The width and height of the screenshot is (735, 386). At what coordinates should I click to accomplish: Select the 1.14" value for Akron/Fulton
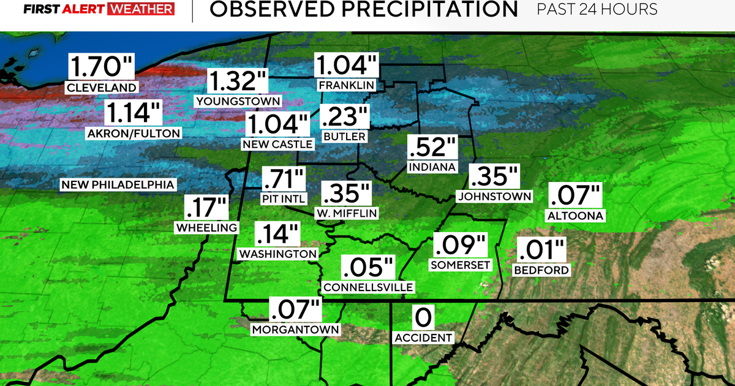pyautogui.click(x=134, y=114)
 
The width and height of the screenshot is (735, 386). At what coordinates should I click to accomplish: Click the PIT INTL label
pyautogui.click(x=283, y=198)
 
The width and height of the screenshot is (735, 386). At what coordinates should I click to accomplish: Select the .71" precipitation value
pyautogui.click(x=283, y=180)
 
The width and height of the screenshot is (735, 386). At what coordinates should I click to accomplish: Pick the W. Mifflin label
pyautogui.click(x=347, y=213)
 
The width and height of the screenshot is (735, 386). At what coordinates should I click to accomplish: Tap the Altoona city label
pyautogui.click(x=575, y=215)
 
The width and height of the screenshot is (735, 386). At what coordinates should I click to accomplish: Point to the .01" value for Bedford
pyautogui.click(x=541, y=251)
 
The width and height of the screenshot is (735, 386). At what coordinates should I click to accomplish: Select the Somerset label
pyautogui.click(x=461, y=264)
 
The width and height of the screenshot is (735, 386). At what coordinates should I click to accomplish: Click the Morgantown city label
pyautogui.click(x=295, y=329)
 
